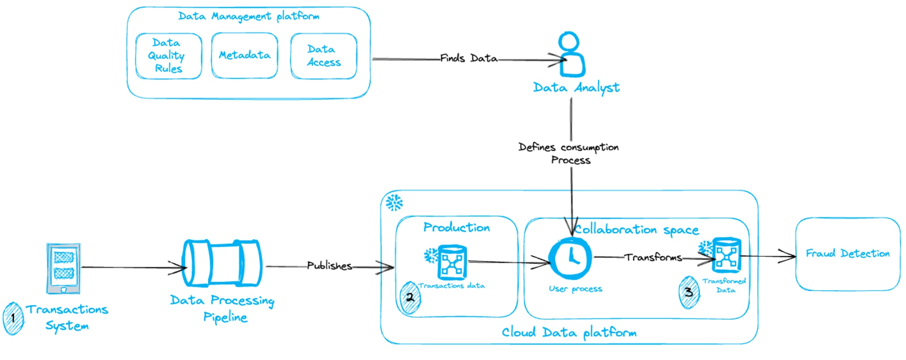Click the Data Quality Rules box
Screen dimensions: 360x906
[x=168, y=56]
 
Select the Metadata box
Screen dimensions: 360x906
[x=244, y=55]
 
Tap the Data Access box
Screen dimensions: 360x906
[x=324, y=56]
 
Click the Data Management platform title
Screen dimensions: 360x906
[x=249, y=16]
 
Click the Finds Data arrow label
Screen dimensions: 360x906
[x=469, y=58]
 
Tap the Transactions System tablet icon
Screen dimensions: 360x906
[x=64, y=268]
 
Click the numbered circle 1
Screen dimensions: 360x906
[x=13, y=318]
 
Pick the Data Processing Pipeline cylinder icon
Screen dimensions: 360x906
[x=222, y=263]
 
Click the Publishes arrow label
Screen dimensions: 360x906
[x=329, y=265]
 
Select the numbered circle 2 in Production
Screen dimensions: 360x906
[x=410, y=298]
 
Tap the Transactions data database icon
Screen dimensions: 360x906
[x=452, y=262]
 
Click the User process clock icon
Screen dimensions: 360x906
[x=570, y=258]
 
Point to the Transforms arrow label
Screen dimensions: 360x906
[x=653, y=257]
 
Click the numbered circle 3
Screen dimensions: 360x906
[x=689, y=292]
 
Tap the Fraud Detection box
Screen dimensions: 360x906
[x=848, y=254]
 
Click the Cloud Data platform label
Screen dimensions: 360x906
[x=569, y=333]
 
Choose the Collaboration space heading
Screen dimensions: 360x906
[x=637, y=229]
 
